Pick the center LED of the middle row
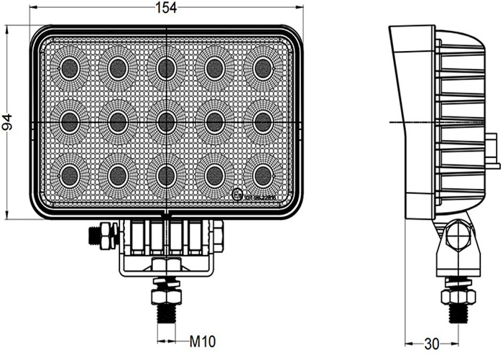(166, 121)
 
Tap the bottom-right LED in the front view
(263, 175)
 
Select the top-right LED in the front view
(263, 68)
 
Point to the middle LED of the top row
(166, 68)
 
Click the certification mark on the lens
(239, 195)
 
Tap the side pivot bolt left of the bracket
(101, 236)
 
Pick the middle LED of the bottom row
(166, 175)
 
